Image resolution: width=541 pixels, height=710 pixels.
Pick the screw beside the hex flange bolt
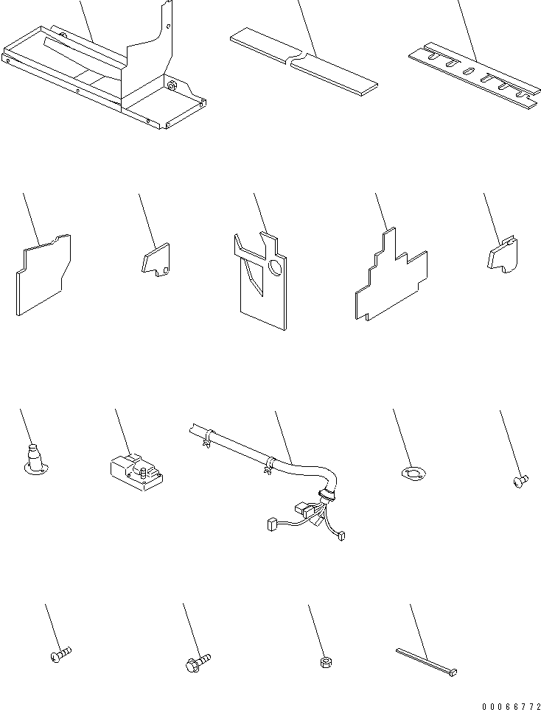click(x=60, y=655)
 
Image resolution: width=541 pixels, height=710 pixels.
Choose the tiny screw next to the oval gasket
click(x=520, y=481)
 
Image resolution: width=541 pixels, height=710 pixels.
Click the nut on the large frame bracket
click(x=172, y=87)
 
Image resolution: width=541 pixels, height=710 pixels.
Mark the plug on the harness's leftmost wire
click(x=270, y=525)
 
